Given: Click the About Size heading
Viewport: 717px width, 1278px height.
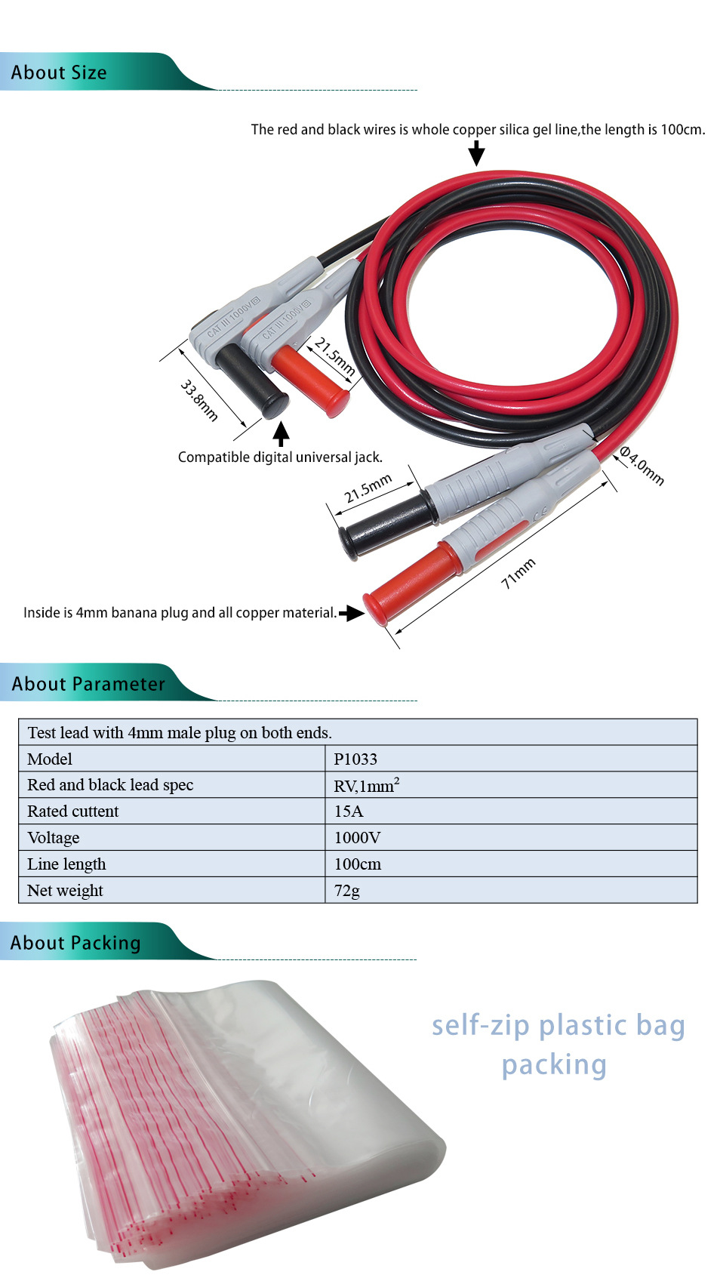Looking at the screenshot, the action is pyautogui.click(x=59, y=73).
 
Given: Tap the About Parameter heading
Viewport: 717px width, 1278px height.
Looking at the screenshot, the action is pyautogui.click(x=88, y=684).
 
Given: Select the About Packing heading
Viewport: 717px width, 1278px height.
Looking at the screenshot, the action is pyautogui.click(x=75, y=943).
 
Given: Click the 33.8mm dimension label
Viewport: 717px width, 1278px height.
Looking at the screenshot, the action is pyautogui.click(x=199, y=400).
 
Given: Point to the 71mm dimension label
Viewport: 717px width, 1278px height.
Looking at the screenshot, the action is pyautogui.click(x=519, y=573).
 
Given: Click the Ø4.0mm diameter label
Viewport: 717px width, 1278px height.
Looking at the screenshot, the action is pyautogui.click(x=642, y=466).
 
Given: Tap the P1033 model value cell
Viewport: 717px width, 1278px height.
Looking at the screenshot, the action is pyautogui.click(x=355, y=759).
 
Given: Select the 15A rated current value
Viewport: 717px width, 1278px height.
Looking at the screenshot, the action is pyautogui.click(x=349, y=811).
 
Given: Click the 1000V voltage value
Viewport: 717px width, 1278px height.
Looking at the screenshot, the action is pyautogui.click(x=357, y=838).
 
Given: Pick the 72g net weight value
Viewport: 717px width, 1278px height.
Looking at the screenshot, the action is pyautogui.click(x=347, y=891).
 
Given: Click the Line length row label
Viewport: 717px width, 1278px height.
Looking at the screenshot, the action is pyautogui.click(x=66, y=864).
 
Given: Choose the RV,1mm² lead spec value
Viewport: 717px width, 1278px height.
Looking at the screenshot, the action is pyautogui.click(x=367, y=786).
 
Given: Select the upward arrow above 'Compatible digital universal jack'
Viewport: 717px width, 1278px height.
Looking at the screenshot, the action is pyautogui.click(x=281, y=434).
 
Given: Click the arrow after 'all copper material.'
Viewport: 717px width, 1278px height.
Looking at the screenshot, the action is pyautogui.click(x=351, y=613).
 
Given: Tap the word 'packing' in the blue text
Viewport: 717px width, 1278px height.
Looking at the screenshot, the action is pyautogui.click(x=554, y=1065).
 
